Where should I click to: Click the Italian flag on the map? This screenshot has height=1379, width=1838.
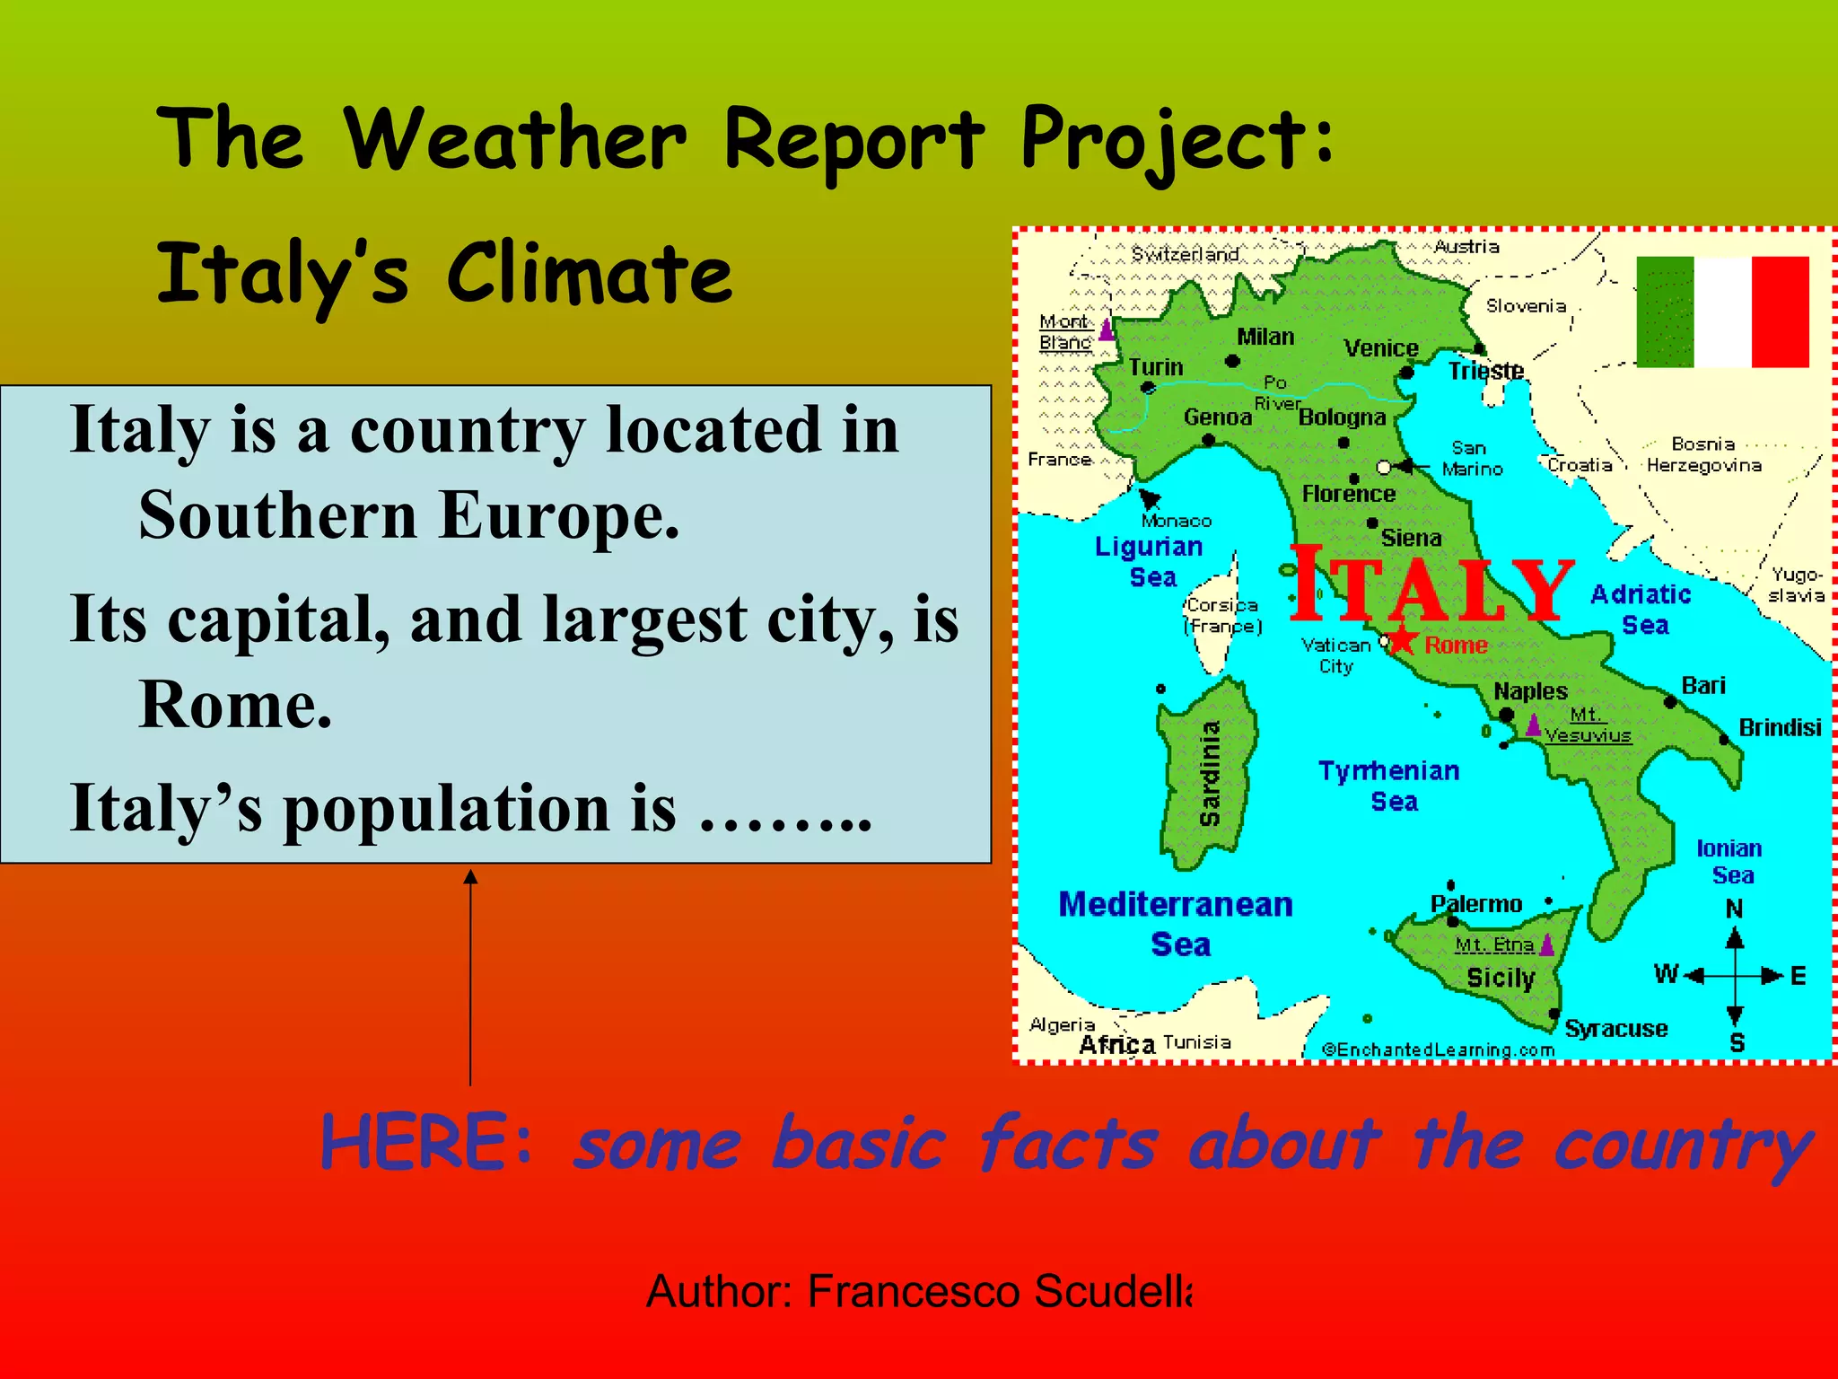click(x=1722, y=312)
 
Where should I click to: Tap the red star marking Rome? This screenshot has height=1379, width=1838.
click(x=1404, y=642)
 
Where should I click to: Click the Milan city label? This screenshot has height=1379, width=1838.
click(x=1265, y=337)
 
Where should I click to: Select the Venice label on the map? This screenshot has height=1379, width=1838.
click(x=1380, y=348)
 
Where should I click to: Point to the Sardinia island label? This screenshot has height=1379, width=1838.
click(x=1210, y=773)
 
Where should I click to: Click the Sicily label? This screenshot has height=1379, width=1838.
click(x=1501, y=978)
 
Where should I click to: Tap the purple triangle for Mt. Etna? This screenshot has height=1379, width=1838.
click(x=1546, y=944)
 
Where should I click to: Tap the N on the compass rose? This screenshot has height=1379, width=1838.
click(x=1735, y=909)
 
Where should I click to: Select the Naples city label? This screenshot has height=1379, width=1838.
click(x=1530, y=691)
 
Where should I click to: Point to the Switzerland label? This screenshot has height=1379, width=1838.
click(x=1185, y=255)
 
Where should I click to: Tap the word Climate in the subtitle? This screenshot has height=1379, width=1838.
click(x=589, y=273)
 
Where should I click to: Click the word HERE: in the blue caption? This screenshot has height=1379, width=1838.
click(x=427, y=1142)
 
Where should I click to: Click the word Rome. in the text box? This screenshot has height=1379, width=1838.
click(x=235, y=704)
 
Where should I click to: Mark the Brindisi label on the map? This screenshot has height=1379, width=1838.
click(x=1780, y=727)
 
